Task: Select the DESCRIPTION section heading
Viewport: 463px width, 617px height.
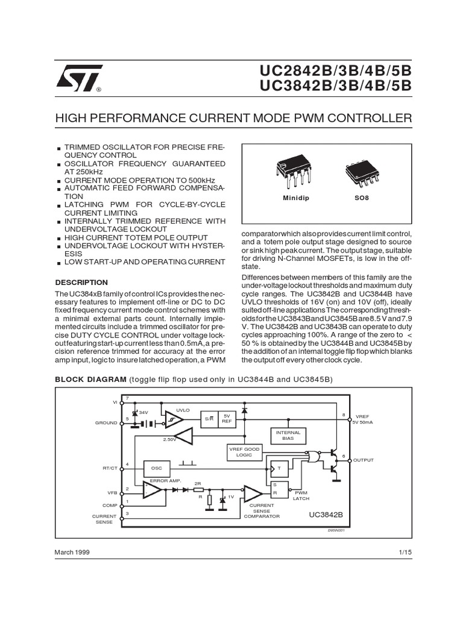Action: (x=81, y=282)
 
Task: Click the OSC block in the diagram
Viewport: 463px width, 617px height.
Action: (x=157, y=468)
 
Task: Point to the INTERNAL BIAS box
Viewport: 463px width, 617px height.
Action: (x=288, y=436)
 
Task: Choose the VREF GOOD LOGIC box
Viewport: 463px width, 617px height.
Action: (x=244, y=452)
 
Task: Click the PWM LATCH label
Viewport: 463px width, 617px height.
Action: (x=301, y=495)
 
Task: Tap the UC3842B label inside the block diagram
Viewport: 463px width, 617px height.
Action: (x=326, y=515)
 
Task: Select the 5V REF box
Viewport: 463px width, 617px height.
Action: (x=227, y=419)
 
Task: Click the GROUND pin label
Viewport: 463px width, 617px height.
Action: (x=106, y=423)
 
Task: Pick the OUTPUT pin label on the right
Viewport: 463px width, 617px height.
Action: (x=364, y=460)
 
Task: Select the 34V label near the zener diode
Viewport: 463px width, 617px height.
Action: (x=143, y=412)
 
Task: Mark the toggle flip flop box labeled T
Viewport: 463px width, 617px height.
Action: (x=279, y=468)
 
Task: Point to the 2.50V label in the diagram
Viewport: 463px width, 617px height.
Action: (x=169, y=440)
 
